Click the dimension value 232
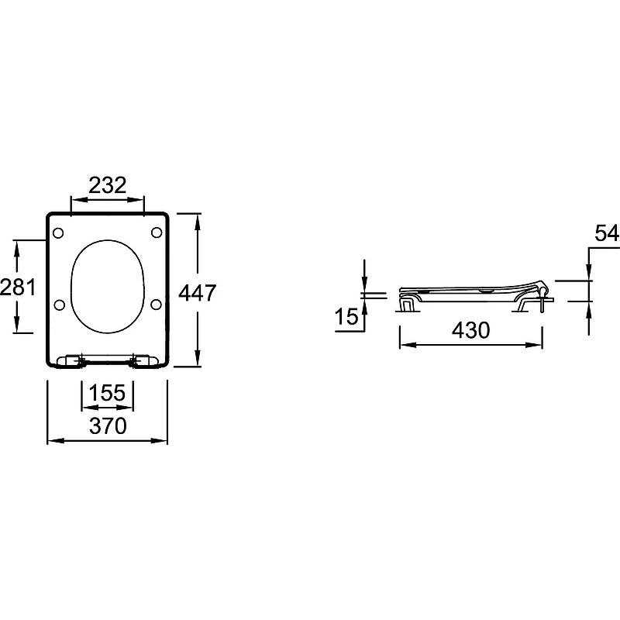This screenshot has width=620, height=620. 107,185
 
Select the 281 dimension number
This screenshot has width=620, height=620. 18,287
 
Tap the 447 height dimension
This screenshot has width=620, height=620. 198,293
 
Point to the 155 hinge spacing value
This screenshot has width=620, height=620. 107,393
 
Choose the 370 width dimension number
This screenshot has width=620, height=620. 108,425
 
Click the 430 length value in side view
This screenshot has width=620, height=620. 470,330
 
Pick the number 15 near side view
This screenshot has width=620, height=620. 346,316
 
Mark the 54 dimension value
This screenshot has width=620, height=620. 607,233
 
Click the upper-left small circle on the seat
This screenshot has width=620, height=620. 58,233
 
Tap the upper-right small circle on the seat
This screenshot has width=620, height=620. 157,232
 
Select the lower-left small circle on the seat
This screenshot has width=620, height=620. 59,305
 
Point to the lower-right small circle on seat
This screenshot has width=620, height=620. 157,304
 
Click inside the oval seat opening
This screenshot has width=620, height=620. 107,286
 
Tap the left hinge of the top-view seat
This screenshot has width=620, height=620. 71,361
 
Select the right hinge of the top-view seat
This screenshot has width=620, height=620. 145,361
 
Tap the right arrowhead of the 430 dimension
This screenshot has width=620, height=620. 534,345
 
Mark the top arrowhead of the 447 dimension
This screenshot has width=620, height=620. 198,222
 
